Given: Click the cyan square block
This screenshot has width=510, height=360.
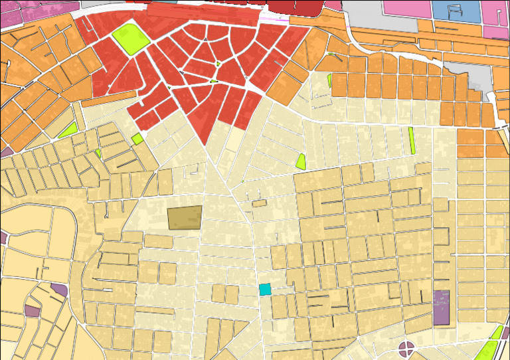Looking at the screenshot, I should [x=265, y=290].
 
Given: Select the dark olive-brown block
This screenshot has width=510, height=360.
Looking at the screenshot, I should [x=184, y=218].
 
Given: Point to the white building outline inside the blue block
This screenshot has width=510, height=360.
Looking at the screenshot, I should [x=455, y=11].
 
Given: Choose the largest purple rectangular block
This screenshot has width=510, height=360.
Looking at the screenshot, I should [x=441, y=308].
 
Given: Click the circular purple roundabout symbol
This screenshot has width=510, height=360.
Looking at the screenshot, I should [x=406, y=349].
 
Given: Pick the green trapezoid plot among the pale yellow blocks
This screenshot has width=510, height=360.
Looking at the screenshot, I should [x=301, y=161].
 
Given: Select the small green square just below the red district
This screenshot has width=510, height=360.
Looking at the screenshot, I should [x=137, y=139].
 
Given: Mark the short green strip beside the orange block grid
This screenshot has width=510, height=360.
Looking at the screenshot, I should [x=329, y=80].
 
